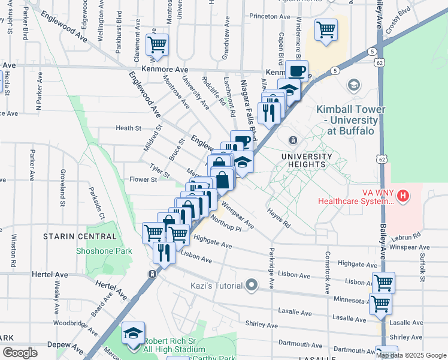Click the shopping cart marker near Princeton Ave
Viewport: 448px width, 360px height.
click(x=326, y=29)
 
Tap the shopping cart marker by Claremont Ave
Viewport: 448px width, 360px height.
click(x=157, y=44)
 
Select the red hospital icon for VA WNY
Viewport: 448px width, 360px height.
click(x=403, y=196)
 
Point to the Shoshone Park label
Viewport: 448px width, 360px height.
click(x=104, y=250)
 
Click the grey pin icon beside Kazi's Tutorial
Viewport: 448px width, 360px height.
click(x=253, y=285)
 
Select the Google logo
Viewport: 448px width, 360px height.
click(x=20, y=353)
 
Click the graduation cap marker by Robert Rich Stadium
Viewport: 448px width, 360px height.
click(x=133, y=333)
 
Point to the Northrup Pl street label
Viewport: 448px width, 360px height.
click(x=226, y=226)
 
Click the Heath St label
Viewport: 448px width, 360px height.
click(x=128, y=128)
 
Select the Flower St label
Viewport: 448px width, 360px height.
click(x=143, y=179)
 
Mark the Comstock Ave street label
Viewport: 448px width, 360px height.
click(x=328, y=272)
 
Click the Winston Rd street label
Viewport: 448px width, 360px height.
click(x=13, y=253)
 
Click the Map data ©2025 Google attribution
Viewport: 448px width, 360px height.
click(x=411, y=355)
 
